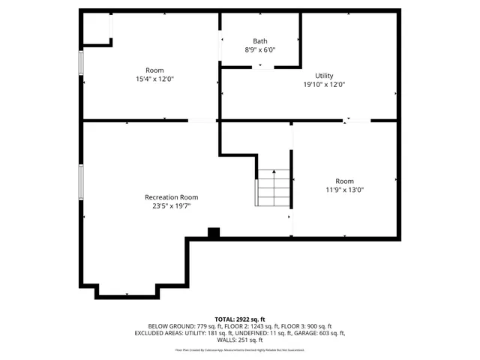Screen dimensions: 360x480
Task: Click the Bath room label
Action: tap(260, 41)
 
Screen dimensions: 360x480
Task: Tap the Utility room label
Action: tap(324, 76)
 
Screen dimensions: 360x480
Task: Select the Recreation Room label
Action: tap(171, 197)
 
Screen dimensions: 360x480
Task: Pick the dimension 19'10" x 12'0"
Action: tap(324, 85)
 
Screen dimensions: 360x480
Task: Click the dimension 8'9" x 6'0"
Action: tap(260, 50)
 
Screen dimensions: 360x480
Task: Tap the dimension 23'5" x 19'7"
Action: tap(171, 206)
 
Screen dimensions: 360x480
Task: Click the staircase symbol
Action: tap(274, 187)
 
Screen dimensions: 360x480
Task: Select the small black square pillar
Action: tap(213, 233)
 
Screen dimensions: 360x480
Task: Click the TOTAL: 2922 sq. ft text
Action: tap(240, 319)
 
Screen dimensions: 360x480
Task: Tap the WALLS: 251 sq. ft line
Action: tap(240, 340)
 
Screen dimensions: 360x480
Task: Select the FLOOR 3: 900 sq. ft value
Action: tap(307, 326)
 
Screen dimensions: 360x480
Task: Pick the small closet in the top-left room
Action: tap(96, 28)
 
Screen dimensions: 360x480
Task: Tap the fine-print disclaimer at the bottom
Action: tap(240, 349)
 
